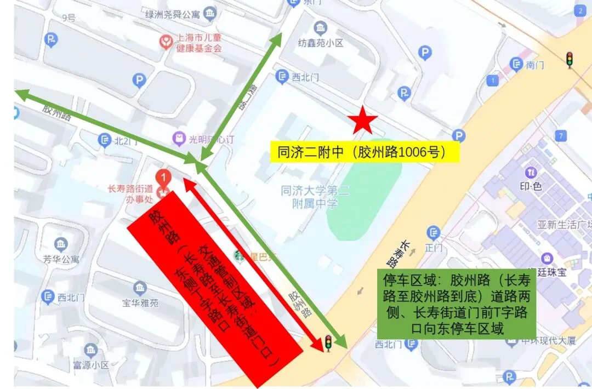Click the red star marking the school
tap(361, 121)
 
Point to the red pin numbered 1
tap(162, 178)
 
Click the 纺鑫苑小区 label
tap(321, 43)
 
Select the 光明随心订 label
tap(211, 139)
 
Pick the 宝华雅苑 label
tap(140, 302)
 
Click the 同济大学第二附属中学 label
tap(315, 197)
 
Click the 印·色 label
tap(531, 186)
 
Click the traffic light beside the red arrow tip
tap(328, 343)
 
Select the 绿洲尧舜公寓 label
tap(172, 14)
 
